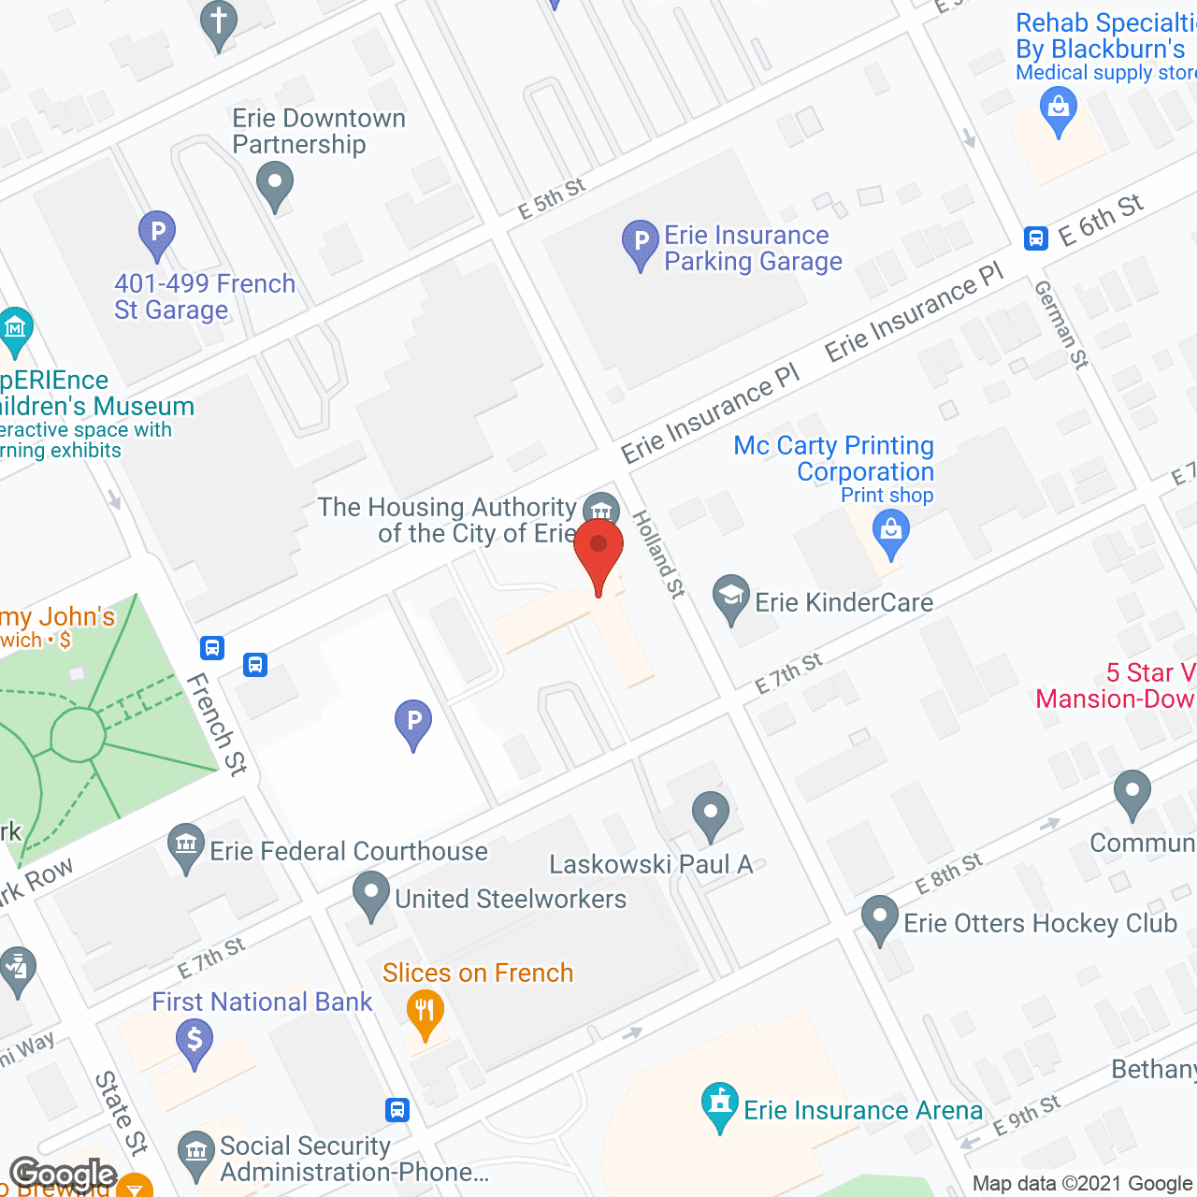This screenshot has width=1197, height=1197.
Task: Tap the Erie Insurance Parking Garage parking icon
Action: [x=641, y=243]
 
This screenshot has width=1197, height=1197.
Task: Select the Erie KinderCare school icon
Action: [x=730, y=598]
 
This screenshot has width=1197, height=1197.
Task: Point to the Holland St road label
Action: [x=659, y=554]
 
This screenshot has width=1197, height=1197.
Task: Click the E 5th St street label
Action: [x=552, y=198]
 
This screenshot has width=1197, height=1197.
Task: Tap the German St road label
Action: [x=1061, y=324]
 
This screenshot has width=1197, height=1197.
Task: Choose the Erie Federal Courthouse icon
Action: [x=186, y=846]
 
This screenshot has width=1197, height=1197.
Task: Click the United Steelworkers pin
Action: [x=371, y=895]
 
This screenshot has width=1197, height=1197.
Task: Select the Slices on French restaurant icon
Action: [x=425, y=1014]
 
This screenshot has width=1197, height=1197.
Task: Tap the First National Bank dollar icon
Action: [x=195, y=1042]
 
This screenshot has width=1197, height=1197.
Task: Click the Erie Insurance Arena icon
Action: [x=719, y=1104]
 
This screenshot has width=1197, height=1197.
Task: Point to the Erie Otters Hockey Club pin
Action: [x=879, y=919]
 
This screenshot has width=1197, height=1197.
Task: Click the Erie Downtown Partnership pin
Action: [x=274, y=184]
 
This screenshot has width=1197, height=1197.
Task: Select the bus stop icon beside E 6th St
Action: [x=1035, y=238]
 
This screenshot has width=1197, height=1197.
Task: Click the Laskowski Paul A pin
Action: [x=711, y=815]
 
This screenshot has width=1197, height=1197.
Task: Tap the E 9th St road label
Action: [x=1026, y=1115]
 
